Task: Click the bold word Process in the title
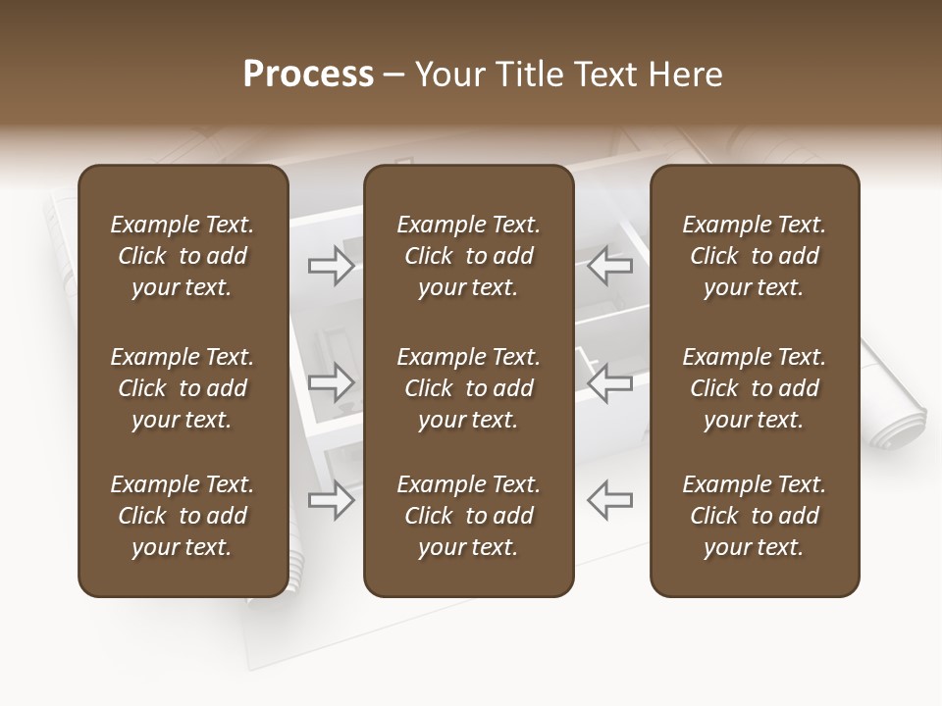coord(308,75)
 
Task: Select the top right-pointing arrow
coord(331,266)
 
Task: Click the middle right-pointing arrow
coord(331,383)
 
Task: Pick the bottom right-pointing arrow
coord(331,501)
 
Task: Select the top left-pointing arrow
coord(609,266)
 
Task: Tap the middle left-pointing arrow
coord(609,383)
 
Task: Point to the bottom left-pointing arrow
coord(609,501)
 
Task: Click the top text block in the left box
coord(183,256)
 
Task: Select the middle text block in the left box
coord(183,388)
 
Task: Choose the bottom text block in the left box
coord(183,516)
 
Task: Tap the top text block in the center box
coord(468,256)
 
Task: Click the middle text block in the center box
coord(468,388)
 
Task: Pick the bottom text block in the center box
coord(468,516)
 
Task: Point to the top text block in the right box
coord(754,256)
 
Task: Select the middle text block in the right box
coord(754,388)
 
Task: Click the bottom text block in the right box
coord(754,516)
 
